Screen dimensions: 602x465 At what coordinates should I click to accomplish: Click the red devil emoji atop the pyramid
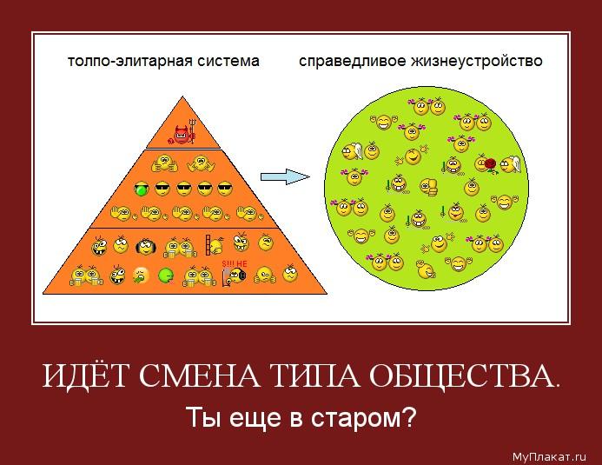(x=182, y=134)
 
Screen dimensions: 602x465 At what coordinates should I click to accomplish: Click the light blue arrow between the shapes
(x=285, y=176)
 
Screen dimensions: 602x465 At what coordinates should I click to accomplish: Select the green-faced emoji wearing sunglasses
(x=142, y=189)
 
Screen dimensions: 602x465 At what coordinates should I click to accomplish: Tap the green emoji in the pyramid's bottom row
(x=166, y=276)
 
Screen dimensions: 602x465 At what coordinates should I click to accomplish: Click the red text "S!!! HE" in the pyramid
(x=235, y=264)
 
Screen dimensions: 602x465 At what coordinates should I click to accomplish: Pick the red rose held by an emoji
(x=490, y=164)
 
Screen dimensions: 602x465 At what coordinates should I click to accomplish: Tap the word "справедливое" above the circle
(x=352, y=62)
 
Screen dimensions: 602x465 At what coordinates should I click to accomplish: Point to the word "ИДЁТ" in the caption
(x=84, y=375)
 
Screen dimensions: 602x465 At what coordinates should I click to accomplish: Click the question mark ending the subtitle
(x=409, y=416)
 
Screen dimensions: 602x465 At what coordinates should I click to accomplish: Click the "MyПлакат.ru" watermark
(x=549, y=456)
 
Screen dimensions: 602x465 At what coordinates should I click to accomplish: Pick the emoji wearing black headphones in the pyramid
(x=146, y=247)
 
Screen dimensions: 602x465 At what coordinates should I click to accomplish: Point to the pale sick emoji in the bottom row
(x=142, y=276)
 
